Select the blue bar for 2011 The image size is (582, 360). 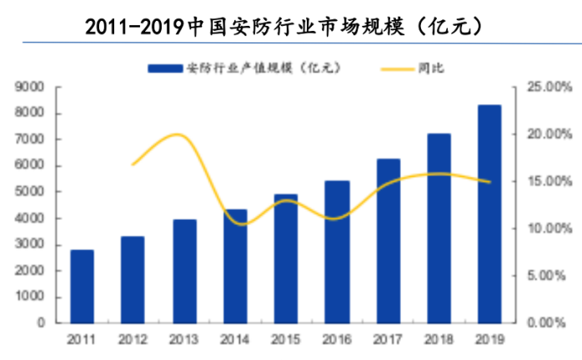[82, 285]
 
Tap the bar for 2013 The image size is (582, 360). [184, 270]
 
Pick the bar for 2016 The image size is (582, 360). [337, 251]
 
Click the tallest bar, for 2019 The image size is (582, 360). [489, 213]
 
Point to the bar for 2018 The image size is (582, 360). [439, 227]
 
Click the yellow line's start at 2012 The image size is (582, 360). [133, 164]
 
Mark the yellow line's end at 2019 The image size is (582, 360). [489, 182]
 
